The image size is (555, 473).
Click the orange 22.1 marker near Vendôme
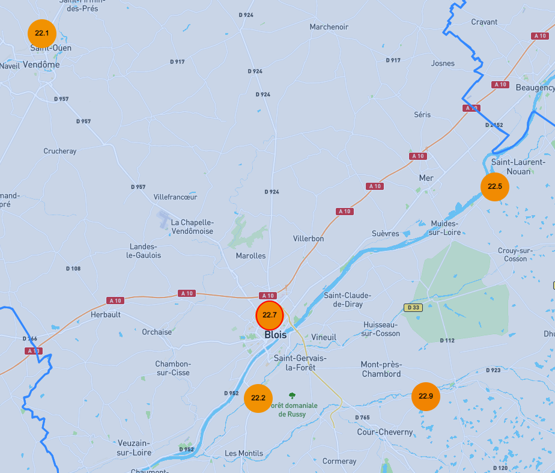42,32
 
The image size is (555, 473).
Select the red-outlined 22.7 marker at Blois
270,315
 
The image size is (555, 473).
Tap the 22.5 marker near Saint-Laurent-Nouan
495,186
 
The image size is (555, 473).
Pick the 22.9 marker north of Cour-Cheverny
426,396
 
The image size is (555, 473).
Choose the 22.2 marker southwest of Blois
258,398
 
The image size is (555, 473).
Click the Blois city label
276,335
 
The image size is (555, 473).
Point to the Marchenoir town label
329,27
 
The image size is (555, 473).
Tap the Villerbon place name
308,239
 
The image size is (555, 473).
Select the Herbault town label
106,314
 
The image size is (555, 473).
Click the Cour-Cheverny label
385,432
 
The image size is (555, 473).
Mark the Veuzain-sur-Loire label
134,447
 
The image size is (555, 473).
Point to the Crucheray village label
60,151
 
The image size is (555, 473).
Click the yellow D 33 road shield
413,308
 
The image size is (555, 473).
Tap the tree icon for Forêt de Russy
293,395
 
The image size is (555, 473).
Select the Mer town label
426,179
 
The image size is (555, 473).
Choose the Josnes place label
443,63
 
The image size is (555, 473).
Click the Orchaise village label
157,332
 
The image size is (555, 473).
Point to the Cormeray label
339,462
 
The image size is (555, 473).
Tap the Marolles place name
250,256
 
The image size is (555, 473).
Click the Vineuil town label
324,337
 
